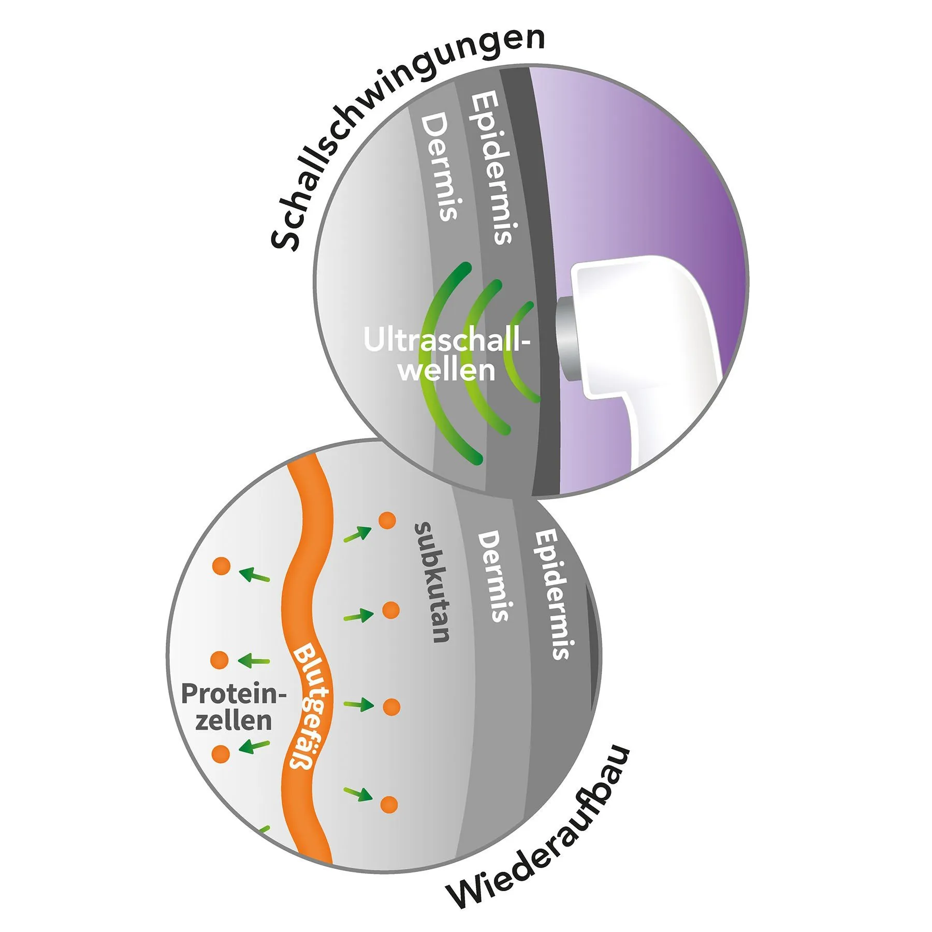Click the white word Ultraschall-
coord(446,341)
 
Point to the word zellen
coord(234,721)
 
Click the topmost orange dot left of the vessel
coord(221,566)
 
